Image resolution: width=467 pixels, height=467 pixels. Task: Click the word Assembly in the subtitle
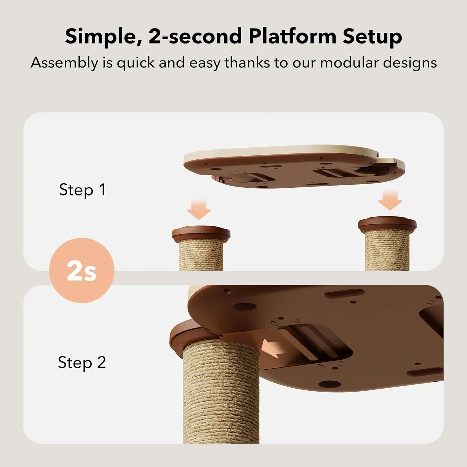64,63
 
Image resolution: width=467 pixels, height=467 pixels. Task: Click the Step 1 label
82,190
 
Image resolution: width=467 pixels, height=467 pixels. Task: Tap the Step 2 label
82,363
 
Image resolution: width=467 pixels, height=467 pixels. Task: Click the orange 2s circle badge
82,270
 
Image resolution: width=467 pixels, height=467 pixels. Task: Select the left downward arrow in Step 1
199,209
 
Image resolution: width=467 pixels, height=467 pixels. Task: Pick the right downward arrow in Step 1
390,199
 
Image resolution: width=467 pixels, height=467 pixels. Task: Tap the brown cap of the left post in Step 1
201,234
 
